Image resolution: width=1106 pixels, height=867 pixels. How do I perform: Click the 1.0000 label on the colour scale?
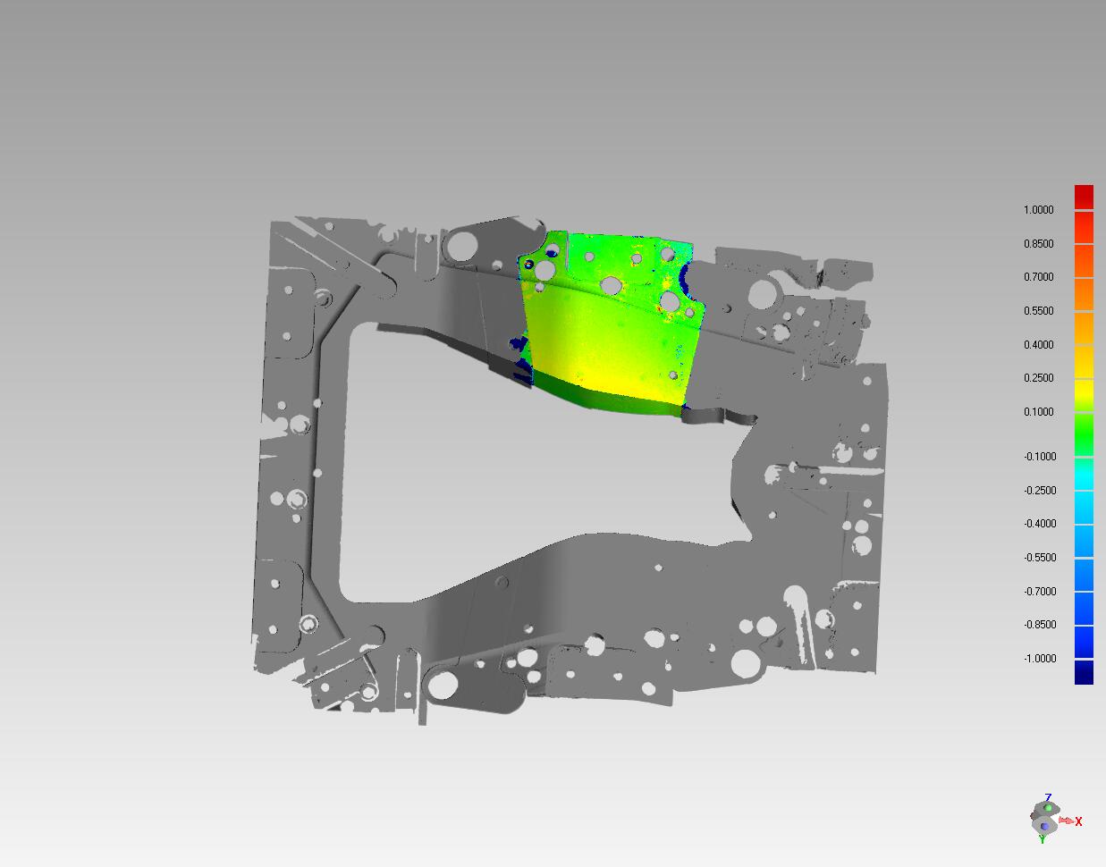tap(1038, 210)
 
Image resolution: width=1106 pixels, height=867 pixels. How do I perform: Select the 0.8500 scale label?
tap(1038, 244)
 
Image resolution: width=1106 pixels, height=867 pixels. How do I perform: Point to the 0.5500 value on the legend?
tap(1038, 311)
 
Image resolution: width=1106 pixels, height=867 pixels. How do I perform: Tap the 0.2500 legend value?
tap(1038, 378)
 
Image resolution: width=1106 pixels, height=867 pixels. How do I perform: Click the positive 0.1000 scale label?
tap(1038, 412)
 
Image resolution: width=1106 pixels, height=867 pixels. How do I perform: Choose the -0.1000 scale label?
tap(1039, 457)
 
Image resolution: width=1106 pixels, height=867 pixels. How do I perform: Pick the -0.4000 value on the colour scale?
tap(1039, 524)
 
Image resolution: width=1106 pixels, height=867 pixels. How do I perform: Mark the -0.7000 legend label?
tap(1039, 591)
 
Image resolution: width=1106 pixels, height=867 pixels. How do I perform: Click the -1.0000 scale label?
tap(1039, 659)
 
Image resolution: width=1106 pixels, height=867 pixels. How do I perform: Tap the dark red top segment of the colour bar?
tap(1084, 197)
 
